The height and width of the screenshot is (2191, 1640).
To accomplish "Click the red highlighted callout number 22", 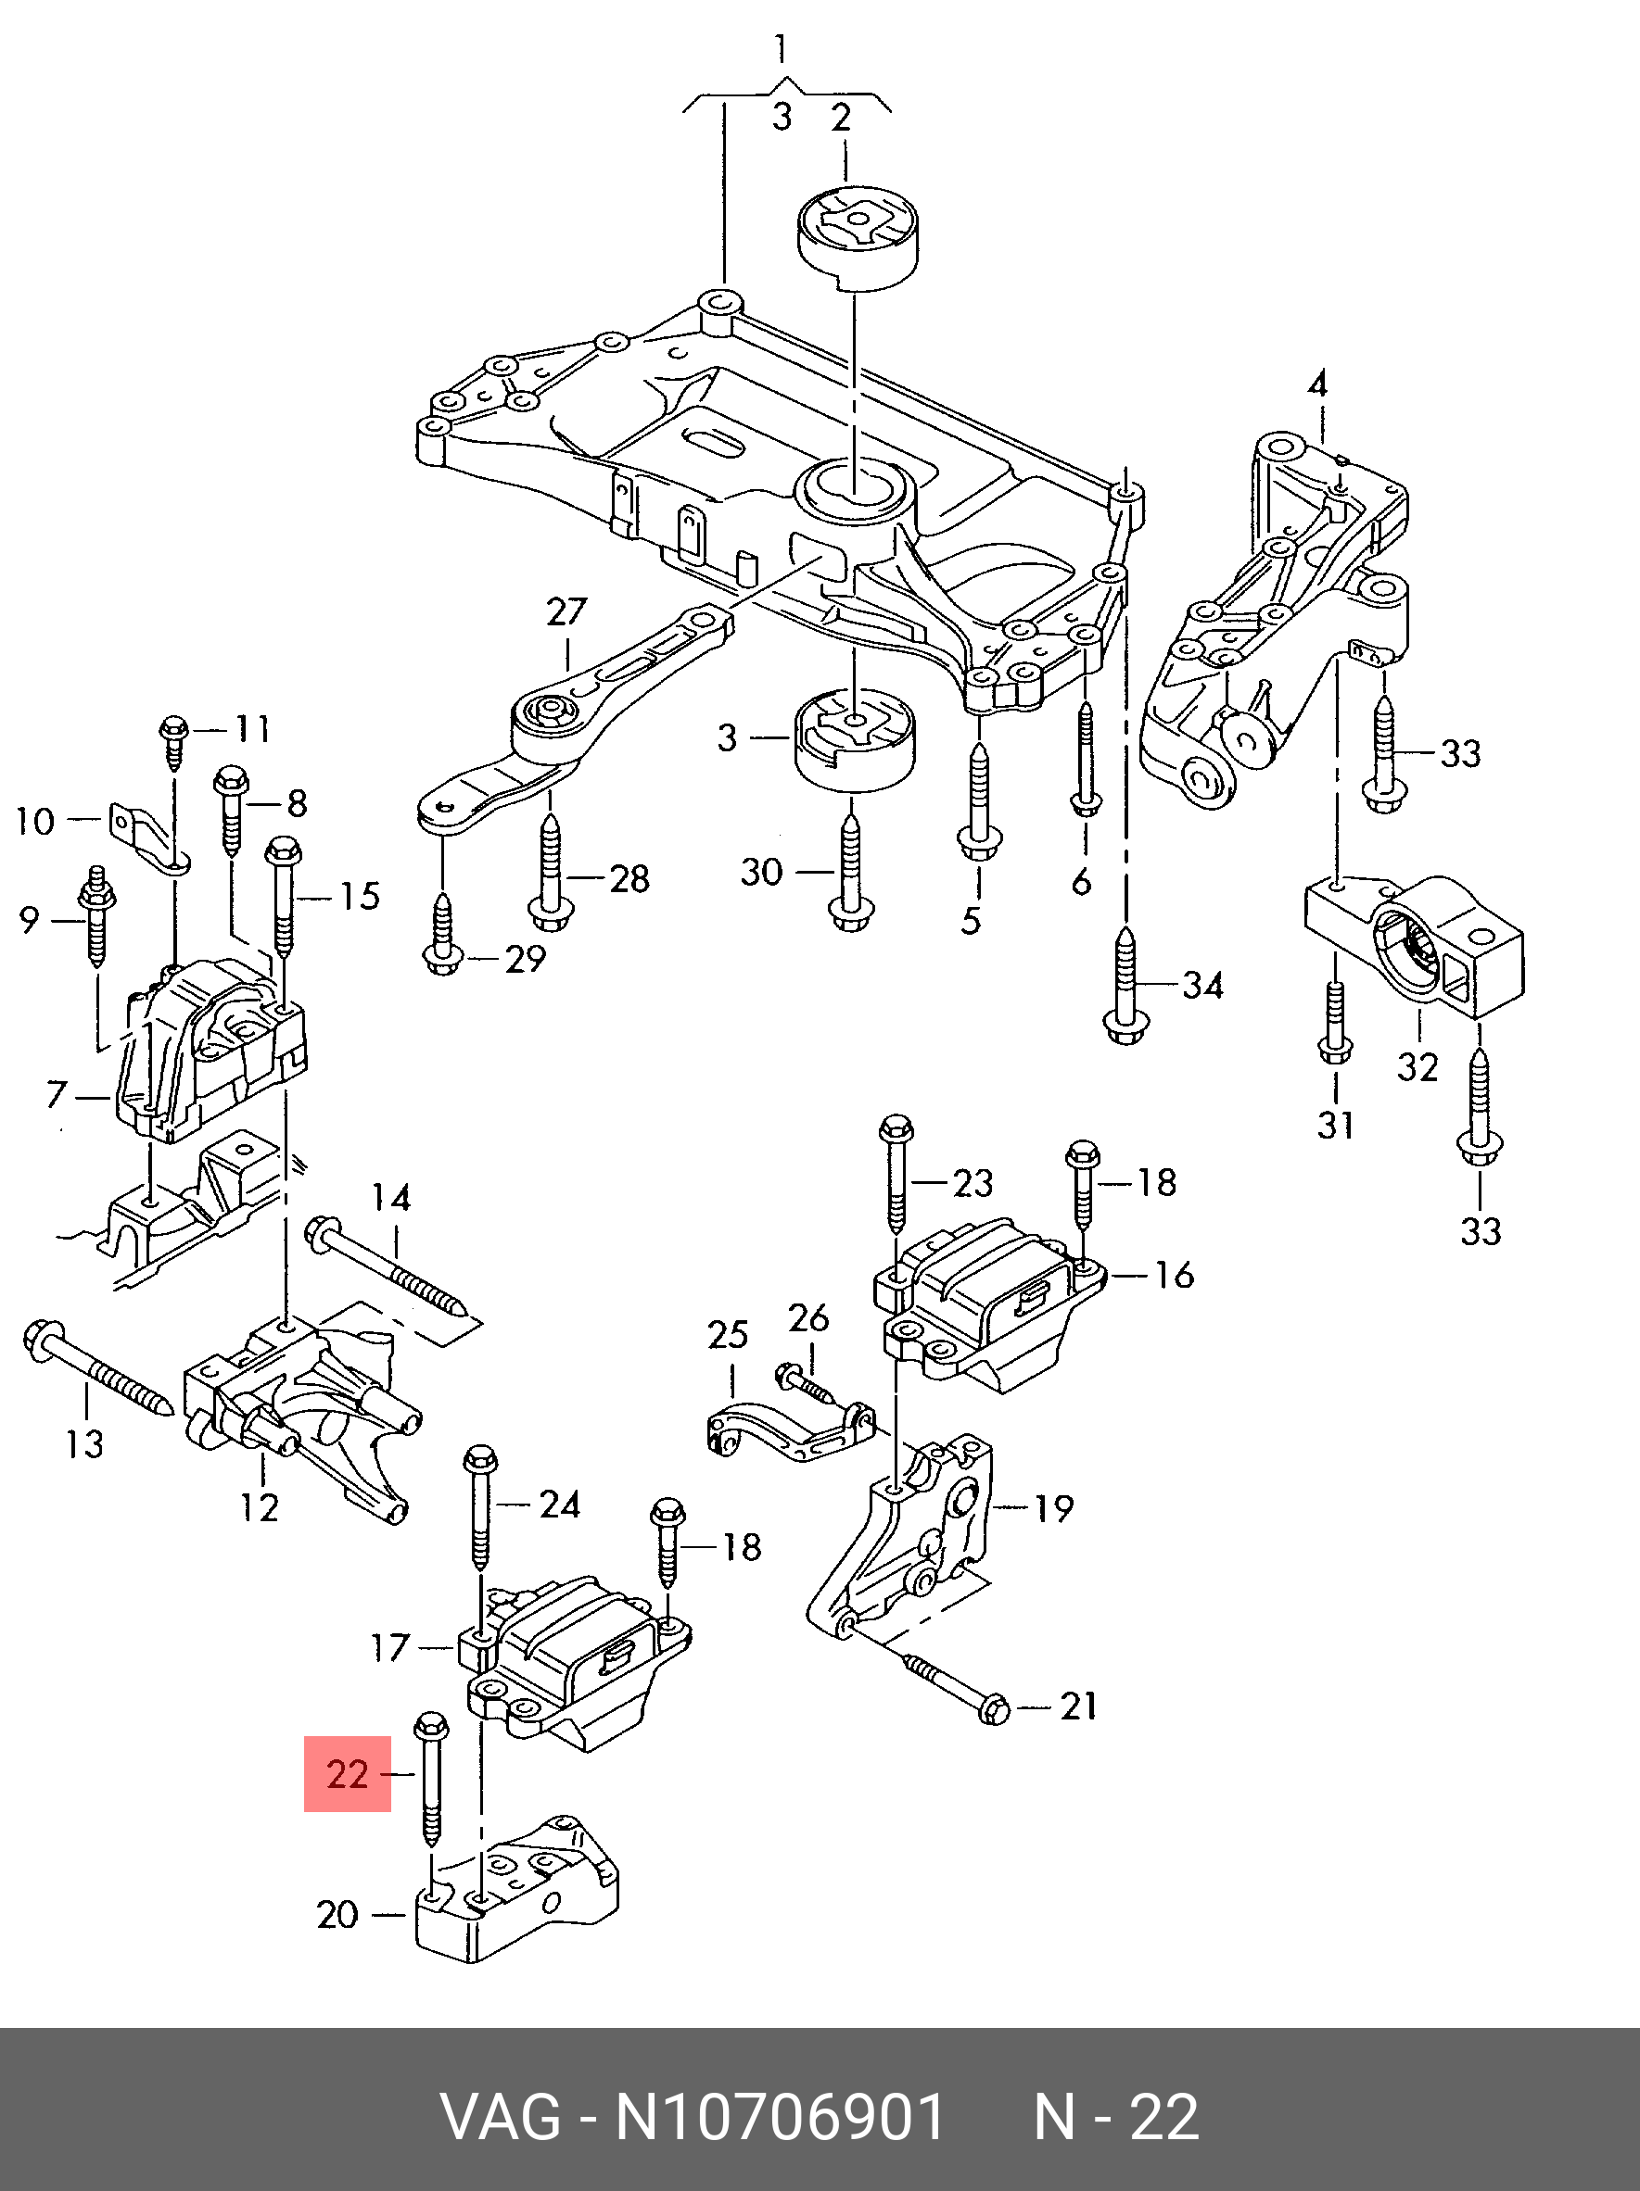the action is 348,1773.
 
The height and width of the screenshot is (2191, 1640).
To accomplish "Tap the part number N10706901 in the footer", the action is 781,2117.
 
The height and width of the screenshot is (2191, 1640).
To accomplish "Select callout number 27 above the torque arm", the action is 566,611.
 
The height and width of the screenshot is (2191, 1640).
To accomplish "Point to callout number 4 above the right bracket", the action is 1317,384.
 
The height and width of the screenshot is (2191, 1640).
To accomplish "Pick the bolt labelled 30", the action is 849,872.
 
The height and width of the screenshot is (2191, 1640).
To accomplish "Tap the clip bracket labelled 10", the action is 148,840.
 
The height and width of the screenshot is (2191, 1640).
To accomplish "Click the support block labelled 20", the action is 515,1892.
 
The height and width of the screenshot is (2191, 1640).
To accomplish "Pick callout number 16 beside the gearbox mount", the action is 1175,1275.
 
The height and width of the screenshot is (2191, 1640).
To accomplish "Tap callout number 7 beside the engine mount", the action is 57,1093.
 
